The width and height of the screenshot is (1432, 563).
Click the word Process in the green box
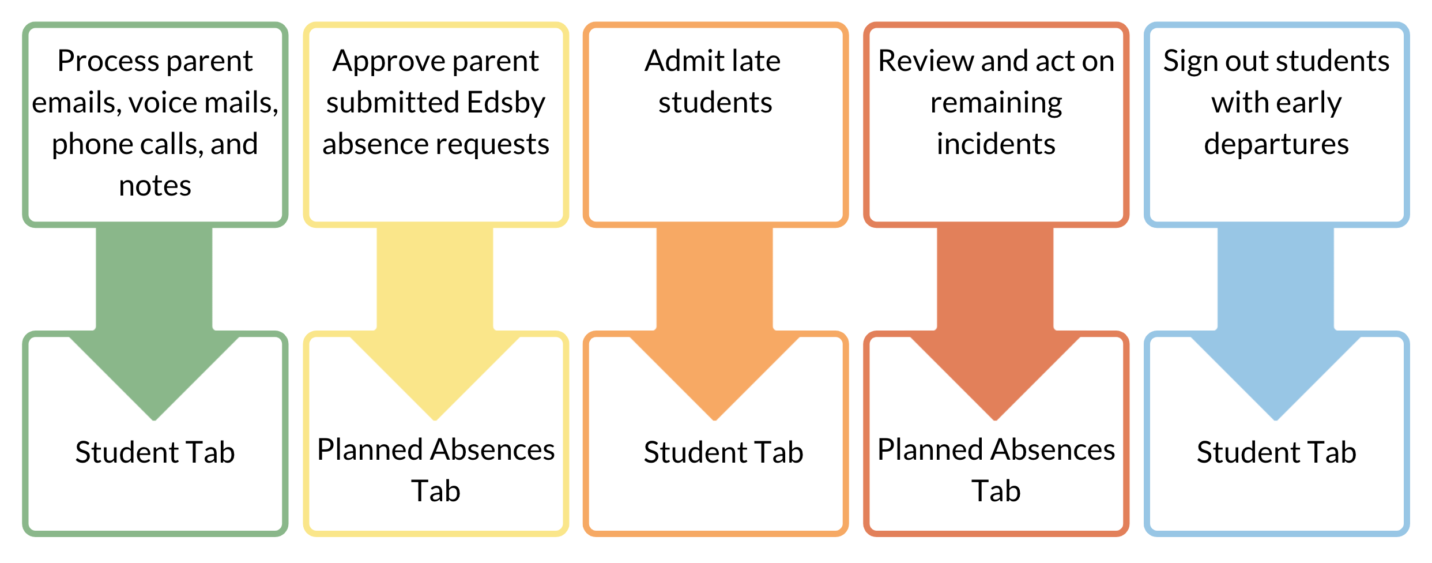(100, 61)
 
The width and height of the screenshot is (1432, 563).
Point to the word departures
(1276, 145)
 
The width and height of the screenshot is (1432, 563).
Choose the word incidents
(996, 144)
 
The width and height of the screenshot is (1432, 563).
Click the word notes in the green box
(155, 186)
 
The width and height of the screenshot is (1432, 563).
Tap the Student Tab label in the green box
(155, 452)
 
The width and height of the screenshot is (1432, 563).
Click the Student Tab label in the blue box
(1276, 452)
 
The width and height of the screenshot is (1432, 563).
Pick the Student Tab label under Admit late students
(723, 452)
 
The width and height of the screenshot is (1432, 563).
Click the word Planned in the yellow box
(368, 449)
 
